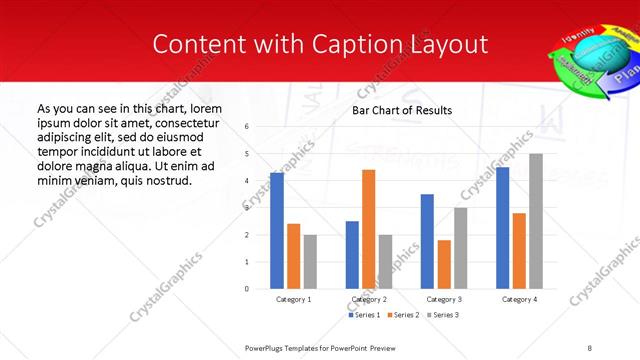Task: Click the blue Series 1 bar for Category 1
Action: (277, 231)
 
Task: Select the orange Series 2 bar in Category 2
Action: (368, 229)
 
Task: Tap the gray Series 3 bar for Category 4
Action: (536, 221)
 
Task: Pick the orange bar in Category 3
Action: (444, 264)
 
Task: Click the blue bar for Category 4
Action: (502, 228)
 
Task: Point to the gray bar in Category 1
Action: (310, 262)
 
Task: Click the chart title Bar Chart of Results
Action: (402, 110)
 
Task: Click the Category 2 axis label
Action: (369, 299)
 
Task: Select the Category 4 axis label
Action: (519, 299)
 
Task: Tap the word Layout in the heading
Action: (450, 44)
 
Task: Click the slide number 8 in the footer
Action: (589, 347)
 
